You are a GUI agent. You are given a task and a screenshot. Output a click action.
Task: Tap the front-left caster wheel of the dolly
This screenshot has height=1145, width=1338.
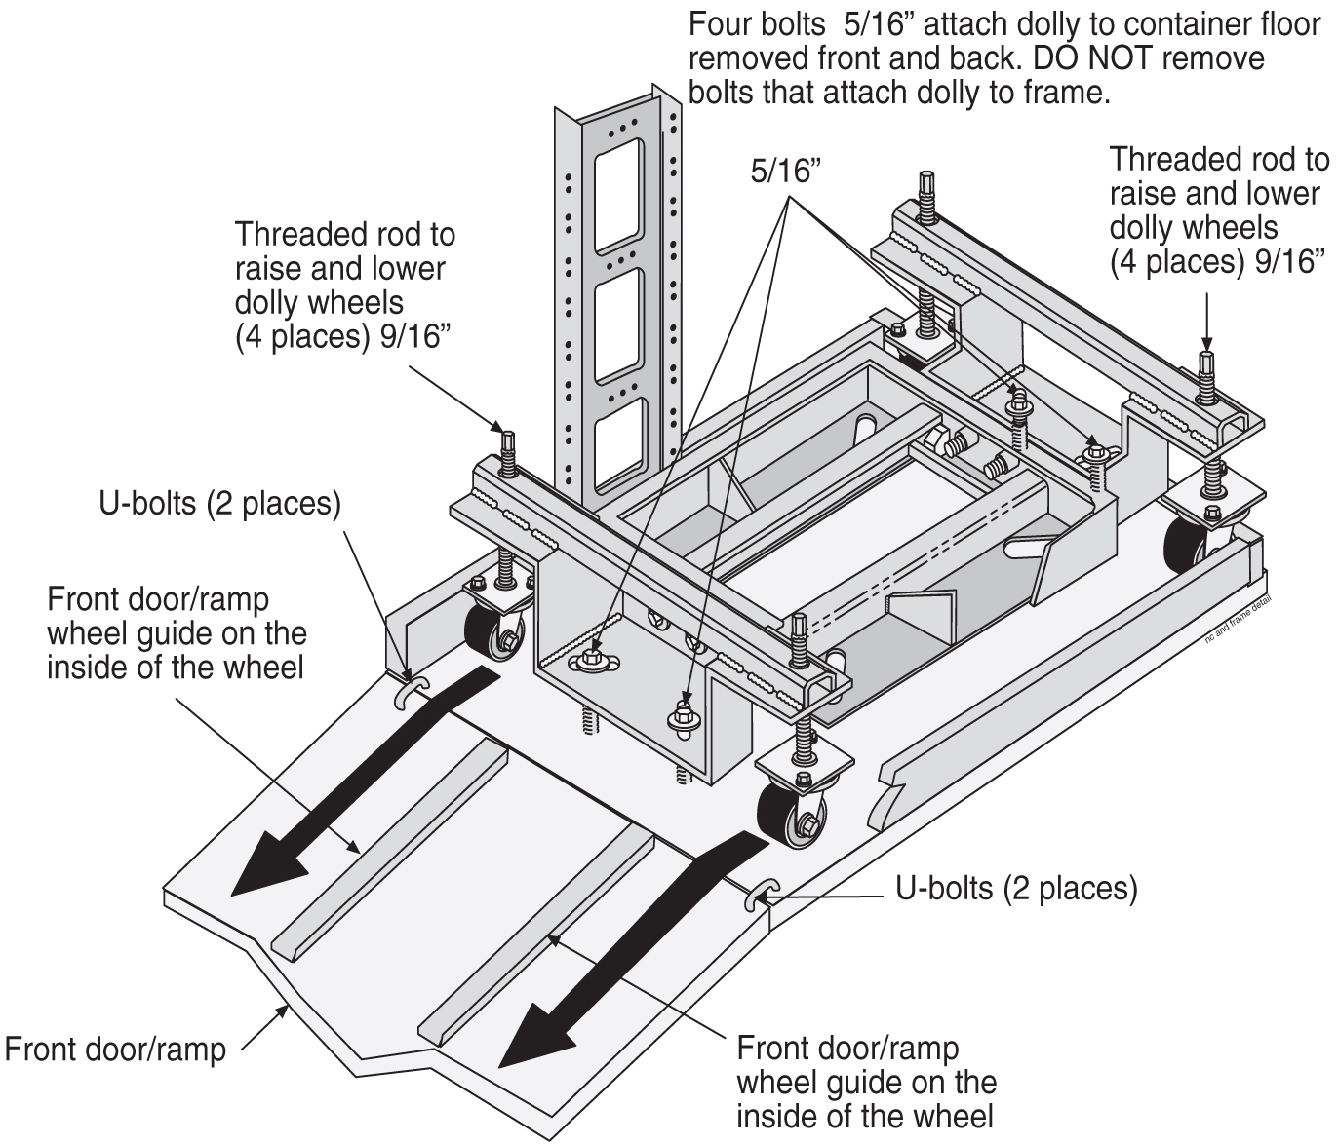coord(486,630)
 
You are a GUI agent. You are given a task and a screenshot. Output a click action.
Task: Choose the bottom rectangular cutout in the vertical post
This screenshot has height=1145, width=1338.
coord(618,444)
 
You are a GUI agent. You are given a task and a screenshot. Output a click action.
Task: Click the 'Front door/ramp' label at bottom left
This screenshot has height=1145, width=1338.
coord(115,1050)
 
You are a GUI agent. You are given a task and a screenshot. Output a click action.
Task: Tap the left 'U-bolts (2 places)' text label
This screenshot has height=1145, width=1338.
coord(219,505)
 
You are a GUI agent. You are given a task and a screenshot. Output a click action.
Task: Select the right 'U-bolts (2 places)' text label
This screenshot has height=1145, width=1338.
coord(1016,888)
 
